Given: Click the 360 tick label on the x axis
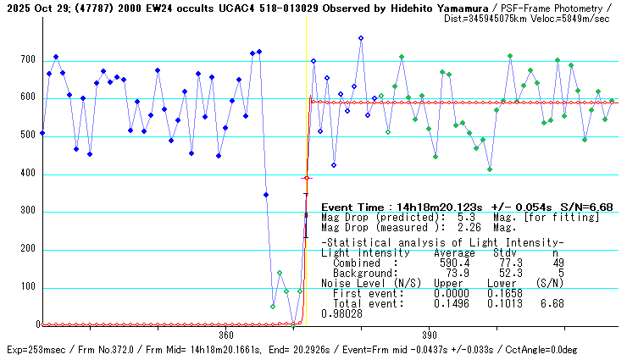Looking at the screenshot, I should click(226, 335).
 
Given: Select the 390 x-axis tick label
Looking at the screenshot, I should click(429, 335).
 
